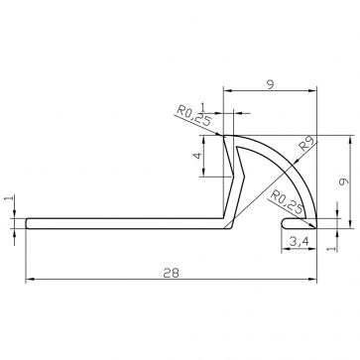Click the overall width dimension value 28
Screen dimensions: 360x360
(x=172, y=273)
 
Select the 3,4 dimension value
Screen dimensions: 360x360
(x=299, y=243)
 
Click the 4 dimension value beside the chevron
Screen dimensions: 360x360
(x=198, y=156)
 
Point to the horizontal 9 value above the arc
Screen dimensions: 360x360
(x=271, y=85)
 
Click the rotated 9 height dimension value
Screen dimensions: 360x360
(x=344, y=181)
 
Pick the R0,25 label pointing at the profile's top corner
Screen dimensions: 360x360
(x=193, y=115)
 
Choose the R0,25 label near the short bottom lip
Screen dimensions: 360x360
(x=287, y=202)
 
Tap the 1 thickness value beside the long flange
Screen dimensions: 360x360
(x=10, y=198)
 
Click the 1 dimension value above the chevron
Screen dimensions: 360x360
(x=203, y=107)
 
